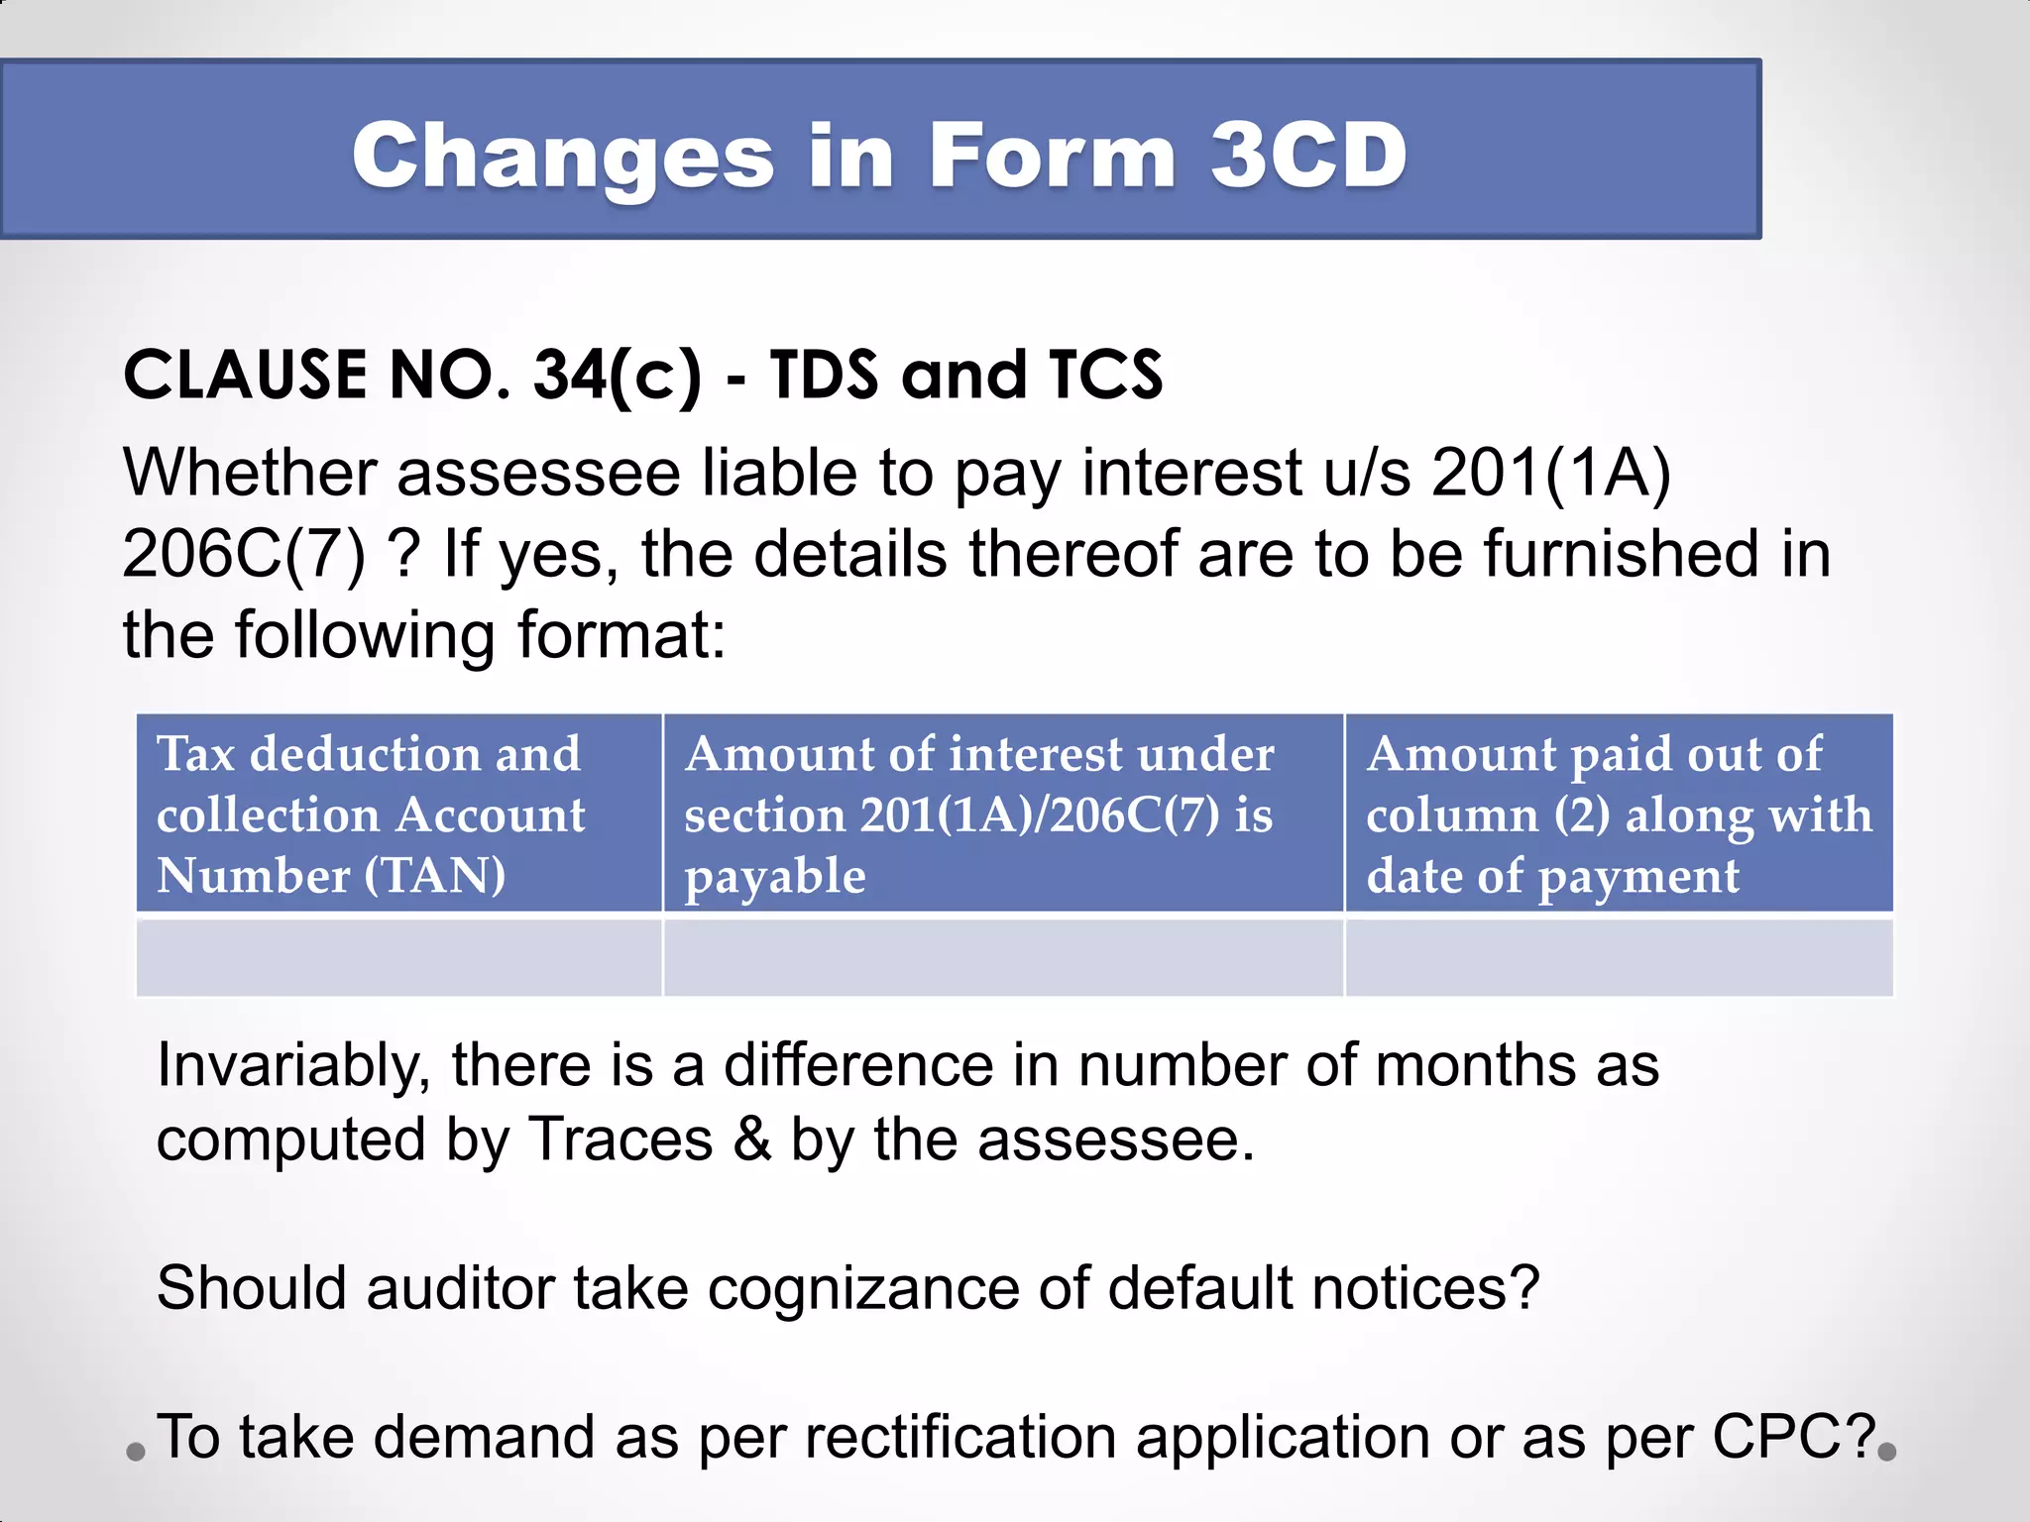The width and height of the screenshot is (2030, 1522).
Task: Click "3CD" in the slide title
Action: coord(1308,156)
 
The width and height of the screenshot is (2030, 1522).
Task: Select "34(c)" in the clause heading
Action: coord(617,376)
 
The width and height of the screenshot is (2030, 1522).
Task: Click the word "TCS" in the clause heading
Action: coord(1104,376)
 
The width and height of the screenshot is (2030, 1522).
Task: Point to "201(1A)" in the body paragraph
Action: coord(1551,473)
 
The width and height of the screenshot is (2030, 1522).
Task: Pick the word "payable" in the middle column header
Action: coord(775,876)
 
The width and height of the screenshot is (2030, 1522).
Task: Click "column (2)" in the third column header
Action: coord(1488,815)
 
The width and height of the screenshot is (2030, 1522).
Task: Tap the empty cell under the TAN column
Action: coord(398,957)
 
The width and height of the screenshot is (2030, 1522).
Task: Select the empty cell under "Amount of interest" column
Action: coord(1003,957)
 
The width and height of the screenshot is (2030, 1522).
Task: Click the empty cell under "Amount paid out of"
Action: coord(1619,957)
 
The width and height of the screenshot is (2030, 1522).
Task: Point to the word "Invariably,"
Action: coord(293,1066)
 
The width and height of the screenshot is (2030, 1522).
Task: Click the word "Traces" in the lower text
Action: coord(620,1140)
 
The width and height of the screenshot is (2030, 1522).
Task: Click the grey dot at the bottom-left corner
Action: coord(136,1453)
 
